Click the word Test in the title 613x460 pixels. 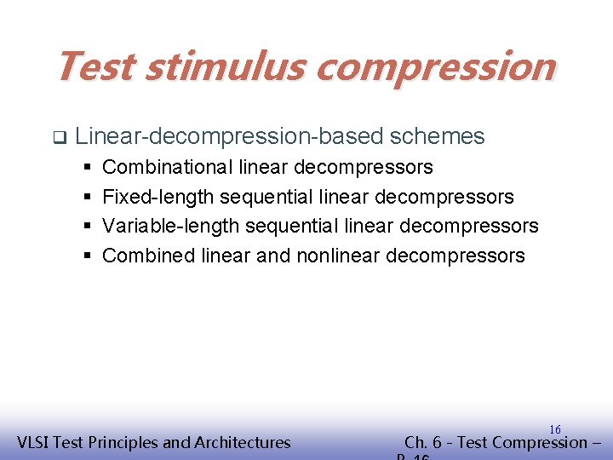point(95,66)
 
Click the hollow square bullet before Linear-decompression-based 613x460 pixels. point(59,136)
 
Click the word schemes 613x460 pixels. point(436,136)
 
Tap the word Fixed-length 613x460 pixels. point(158,197)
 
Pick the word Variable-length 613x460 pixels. point(171,226)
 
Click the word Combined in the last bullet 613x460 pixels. point(149,256)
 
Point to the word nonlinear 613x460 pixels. point(338,256)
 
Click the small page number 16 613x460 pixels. point(554,430)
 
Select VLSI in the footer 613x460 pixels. point(36,442)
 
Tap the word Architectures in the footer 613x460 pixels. point(243,442)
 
